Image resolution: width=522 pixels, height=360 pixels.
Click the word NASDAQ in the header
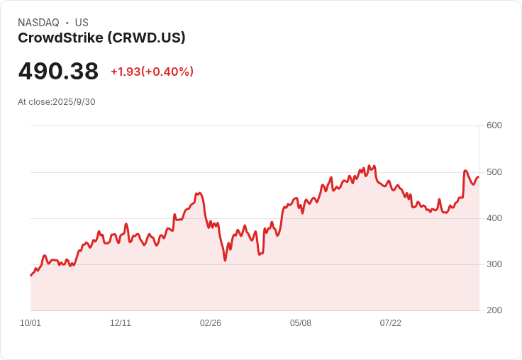(x=38, y=23)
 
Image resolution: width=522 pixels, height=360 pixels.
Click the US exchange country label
(x=82, y=23)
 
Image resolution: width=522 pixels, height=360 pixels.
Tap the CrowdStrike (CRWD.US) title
(x=101, y=38)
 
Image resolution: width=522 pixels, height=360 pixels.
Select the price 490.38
(x=58, y=72)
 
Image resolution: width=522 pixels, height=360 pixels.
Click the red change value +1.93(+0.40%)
(x=152, y=72)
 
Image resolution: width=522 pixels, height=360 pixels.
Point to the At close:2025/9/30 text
(x=57, y=102)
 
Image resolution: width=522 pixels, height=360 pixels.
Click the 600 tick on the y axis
(x=494, y=125)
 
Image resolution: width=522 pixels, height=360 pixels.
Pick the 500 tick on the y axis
(x=494, y=172)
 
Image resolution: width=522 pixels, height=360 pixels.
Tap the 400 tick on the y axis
(x=494, y=218)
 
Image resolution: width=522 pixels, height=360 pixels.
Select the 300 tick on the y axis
(x=494, y=264)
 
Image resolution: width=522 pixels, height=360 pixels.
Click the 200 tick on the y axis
(x=494, y=310)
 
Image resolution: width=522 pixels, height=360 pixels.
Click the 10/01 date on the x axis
(x=30, y=323)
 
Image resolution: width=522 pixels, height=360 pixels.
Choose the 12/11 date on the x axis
(x=121, y=323)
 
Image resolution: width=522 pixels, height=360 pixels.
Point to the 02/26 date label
(x=211, y=323)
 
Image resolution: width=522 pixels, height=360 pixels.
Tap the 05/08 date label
(x=301, y=323)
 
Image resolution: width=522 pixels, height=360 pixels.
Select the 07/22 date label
(x=391, y=323)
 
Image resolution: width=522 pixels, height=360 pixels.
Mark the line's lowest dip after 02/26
(x=226, y=260)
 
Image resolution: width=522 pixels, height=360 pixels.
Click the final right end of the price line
(x=479, y=177)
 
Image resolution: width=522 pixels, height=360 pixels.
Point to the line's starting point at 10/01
(x=30, y=275)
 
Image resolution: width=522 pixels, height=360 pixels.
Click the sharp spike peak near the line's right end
(x=465, y=171)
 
